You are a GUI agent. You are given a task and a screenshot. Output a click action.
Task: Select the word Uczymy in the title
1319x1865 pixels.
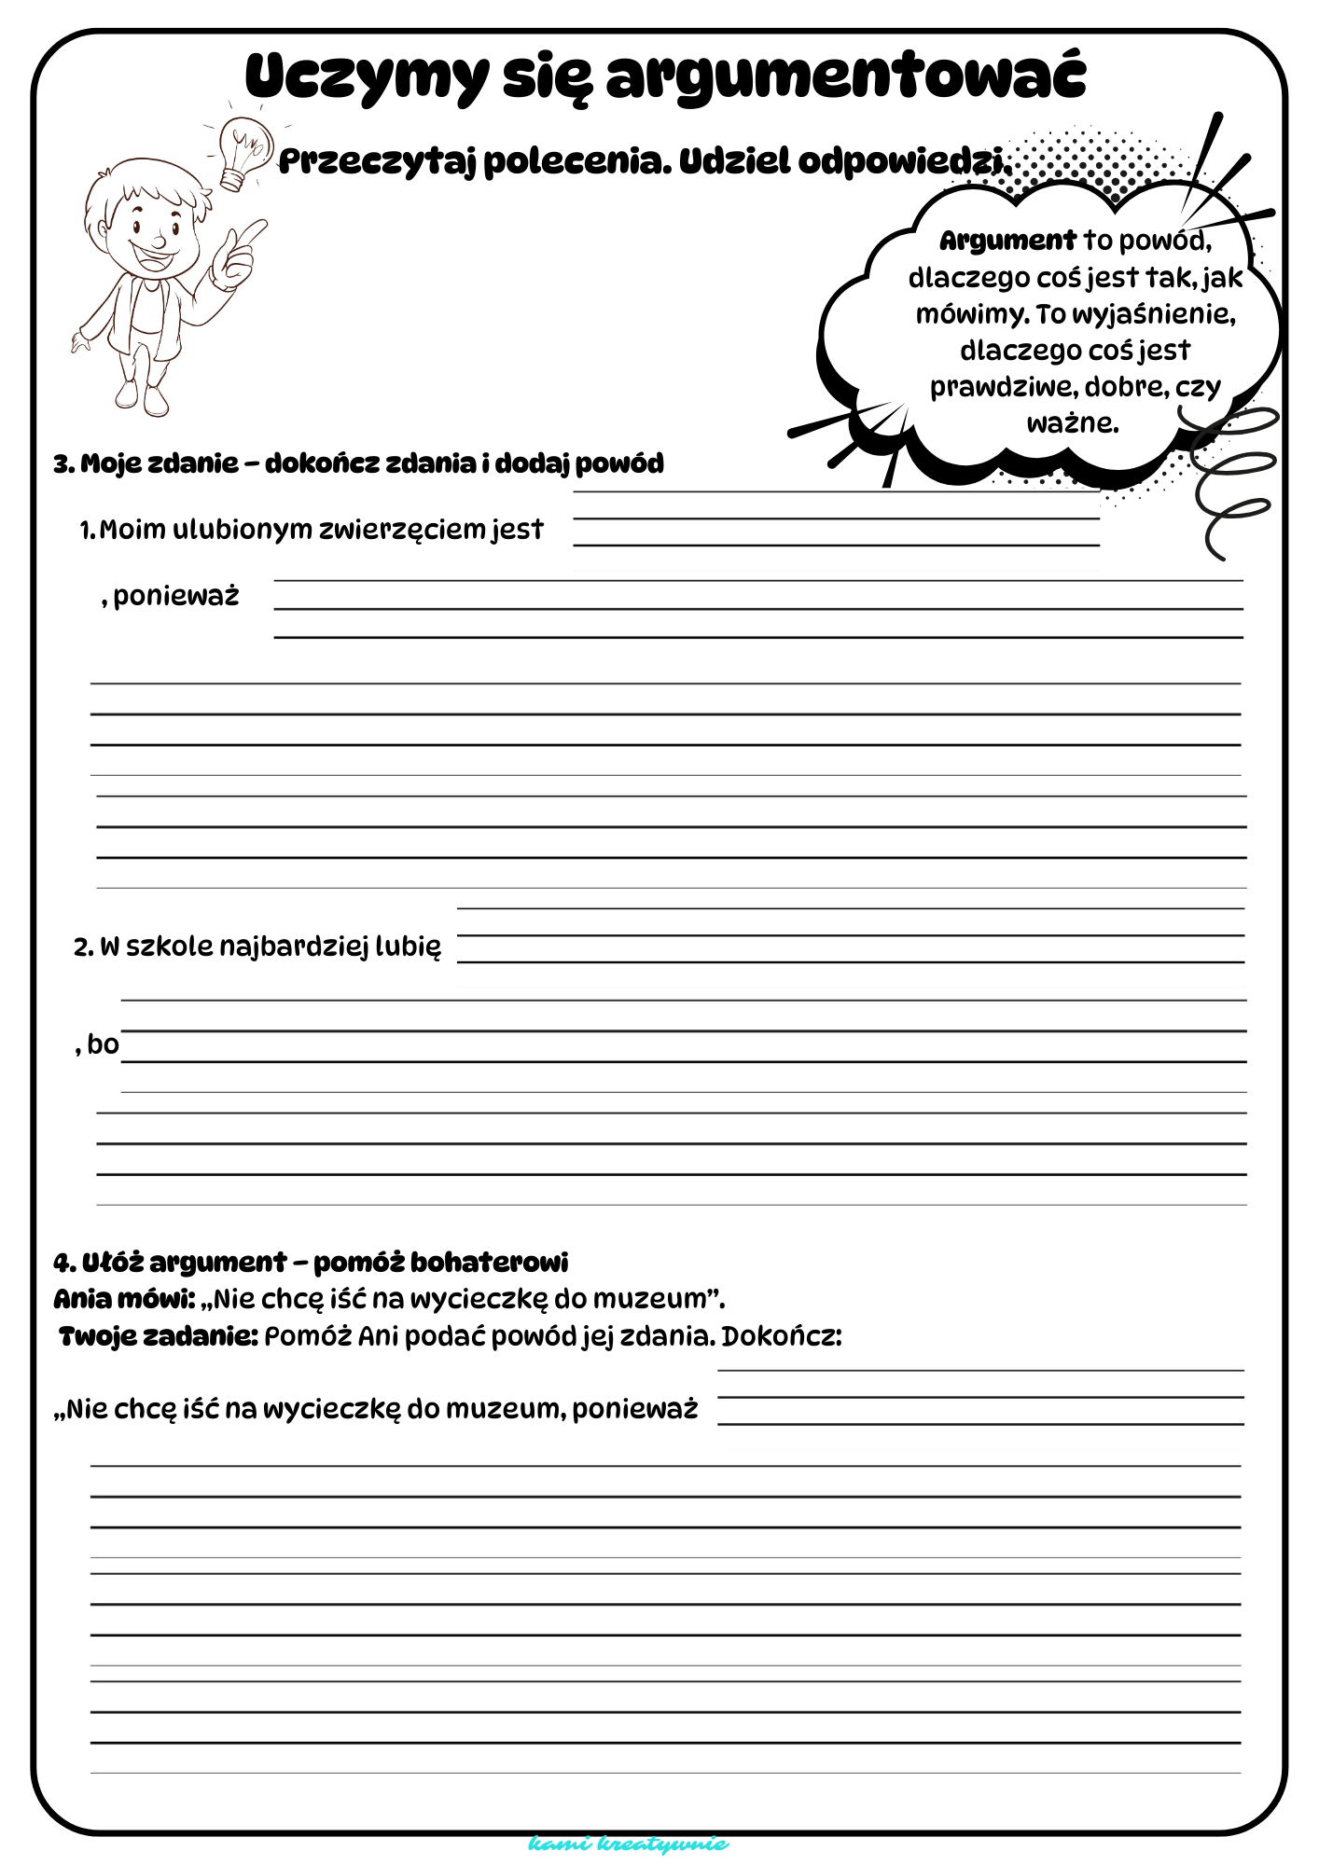[366, 78]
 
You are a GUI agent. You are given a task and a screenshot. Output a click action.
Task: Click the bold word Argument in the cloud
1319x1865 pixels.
[1007, 241]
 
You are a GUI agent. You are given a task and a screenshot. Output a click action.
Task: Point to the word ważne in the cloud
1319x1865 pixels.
[1072, 423]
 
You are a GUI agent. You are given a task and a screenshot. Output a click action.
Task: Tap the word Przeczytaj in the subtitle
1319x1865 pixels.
[378, 162]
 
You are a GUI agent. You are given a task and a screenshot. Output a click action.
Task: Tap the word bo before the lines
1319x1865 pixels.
[103, 1044]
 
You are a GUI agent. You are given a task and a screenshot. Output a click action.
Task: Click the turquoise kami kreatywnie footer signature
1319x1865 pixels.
[628, 1844]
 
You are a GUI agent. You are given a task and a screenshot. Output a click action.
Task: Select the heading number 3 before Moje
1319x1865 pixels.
[62, 464]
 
